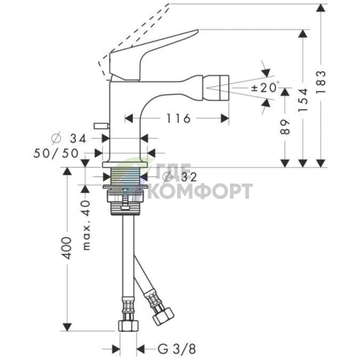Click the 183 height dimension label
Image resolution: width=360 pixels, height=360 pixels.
tap(321, 81)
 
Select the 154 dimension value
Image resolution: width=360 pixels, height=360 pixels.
tap(303, 99)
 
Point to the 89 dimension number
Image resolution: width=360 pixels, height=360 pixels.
tap(285, 126)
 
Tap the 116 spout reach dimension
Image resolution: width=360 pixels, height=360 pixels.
tap(179, 118)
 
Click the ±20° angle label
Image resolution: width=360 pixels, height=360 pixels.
tap(266, 87)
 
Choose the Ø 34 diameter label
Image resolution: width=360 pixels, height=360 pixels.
tap(69, 139)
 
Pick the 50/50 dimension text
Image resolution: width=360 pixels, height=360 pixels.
tap(56, 153)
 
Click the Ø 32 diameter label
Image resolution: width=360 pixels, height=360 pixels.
tap(180, 177)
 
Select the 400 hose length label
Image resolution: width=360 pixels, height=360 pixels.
tap(67, 248)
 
